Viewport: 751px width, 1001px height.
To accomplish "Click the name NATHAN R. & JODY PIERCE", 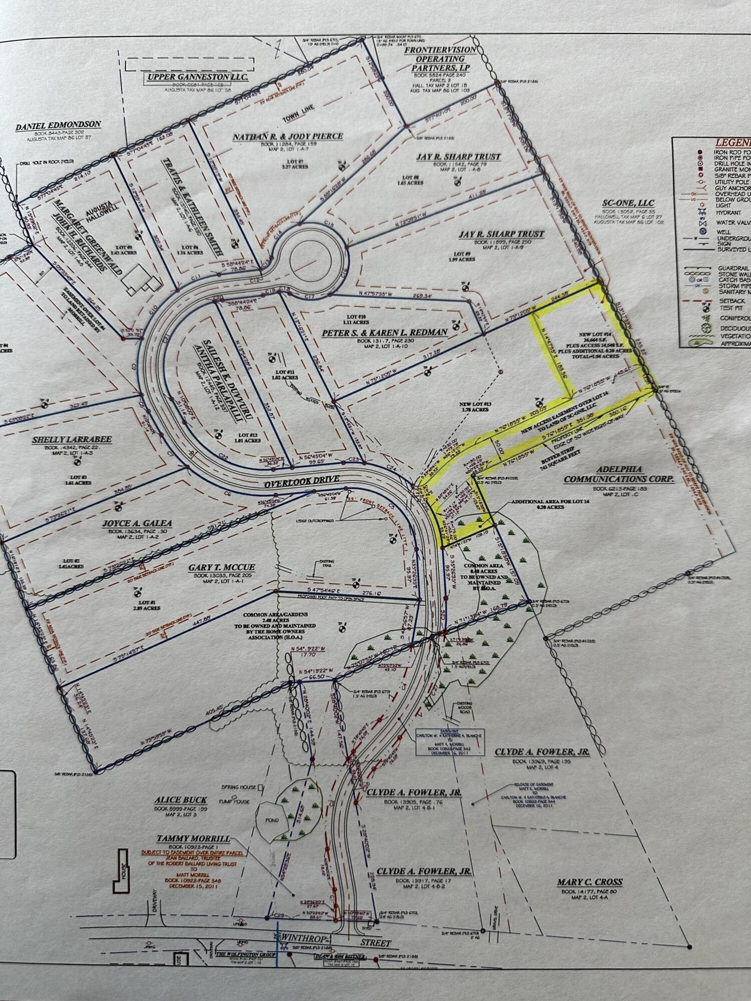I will (287, 137).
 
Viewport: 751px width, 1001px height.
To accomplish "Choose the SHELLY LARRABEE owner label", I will (72, 439).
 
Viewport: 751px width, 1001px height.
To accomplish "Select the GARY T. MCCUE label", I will (222, 568).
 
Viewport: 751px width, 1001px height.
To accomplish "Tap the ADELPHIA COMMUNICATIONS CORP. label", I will (619, 475).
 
